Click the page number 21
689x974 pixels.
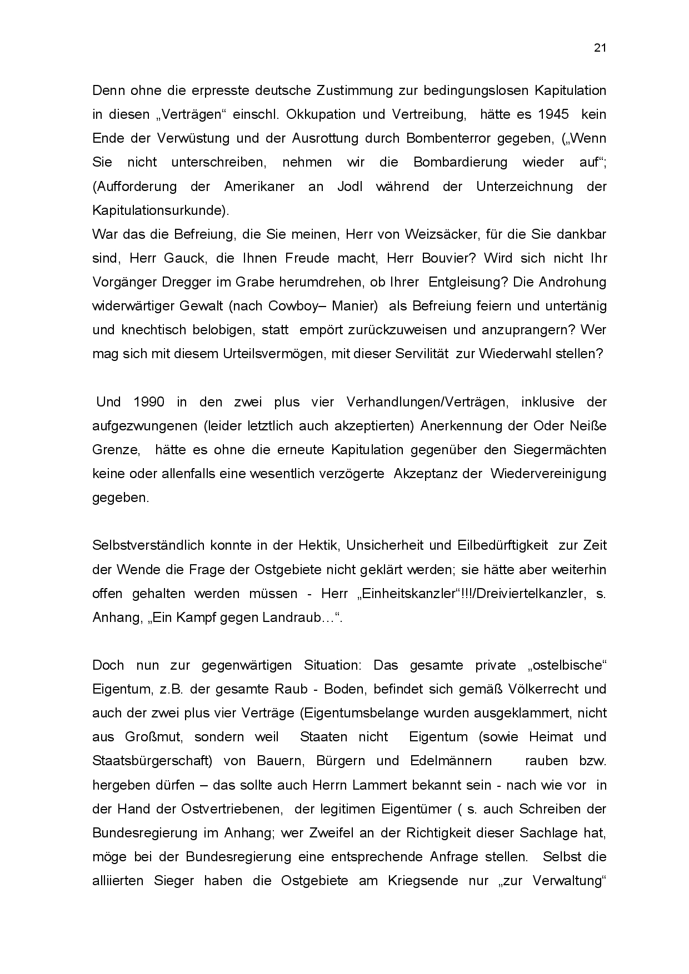tap(600, 48)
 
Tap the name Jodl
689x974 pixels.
tap(350, 186)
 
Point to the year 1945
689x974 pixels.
tap(553, 114)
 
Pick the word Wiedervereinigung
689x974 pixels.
tap(548, 474)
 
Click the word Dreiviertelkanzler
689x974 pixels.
tap(526, 593)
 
